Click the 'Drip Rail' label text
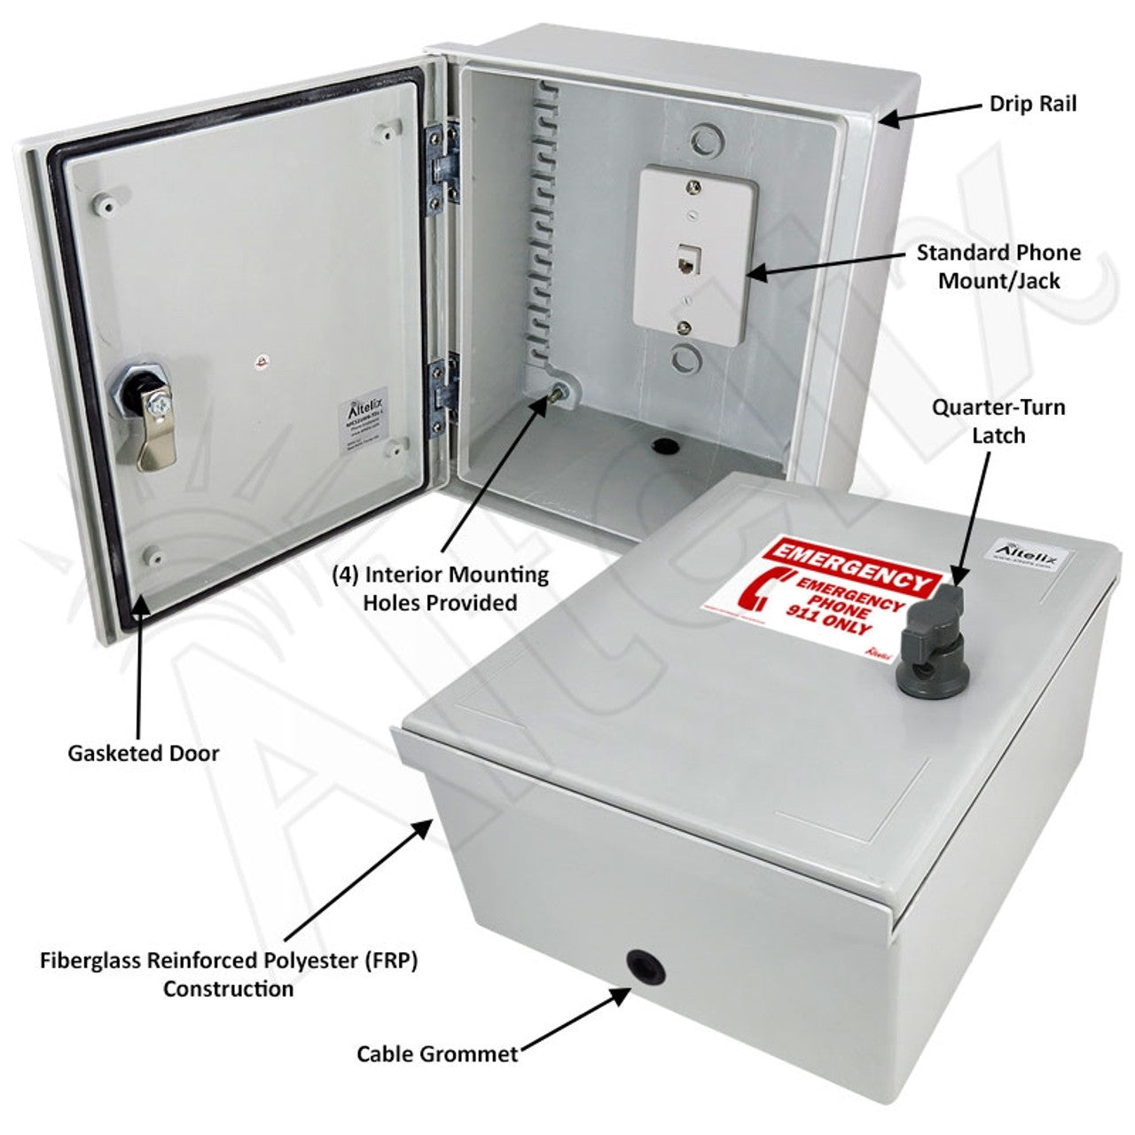tap(1032, 104)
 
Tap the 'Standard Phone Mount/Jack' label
tap(998, 267)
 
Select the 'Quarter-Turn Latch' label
tap(998, 421)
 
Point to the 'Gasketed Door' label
tap(143, 753)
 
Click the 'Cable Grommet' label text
tap(437, 1053)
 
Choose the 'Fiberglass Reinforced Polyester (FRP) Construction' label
tap(228, 974)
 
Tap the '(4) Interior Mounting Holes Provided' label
tap(440, 589)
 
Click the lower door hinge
tap(441, 398)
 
